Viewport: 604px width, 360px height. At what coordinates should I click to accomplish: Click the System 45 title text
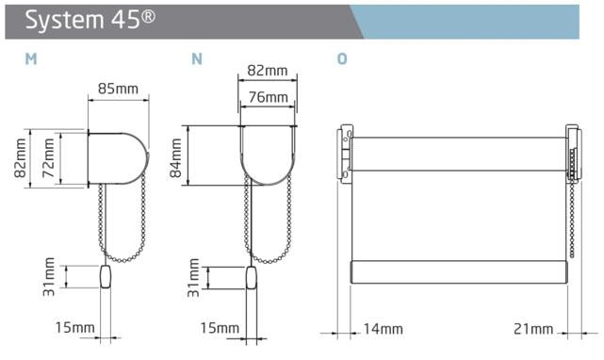(90, 20)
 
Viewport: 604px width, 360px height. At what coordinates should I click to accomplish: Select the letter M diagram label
(31, 59)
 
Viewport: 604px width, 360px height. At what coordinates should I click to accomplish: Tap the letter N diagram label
(197, 59)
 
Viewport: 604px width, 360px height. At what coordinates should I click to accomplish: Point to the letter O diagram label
(342, 59)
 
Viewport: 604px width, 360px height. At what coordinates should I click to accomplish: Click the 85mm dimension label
(118, 89)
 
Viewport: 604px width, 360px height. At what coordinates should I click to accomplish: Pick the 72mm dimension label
(48, 158)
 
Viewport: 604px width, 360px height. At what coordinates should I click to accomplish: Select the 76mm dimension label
(268, 97)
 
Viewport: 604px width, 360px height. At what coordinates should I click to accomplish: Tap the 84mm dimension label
(175, 158)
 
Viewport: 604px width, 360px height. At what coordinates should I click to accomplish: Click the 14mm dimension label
(383, 329)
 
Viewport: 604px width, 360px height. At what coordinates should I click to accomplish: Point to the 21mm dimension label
(533, 329)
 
